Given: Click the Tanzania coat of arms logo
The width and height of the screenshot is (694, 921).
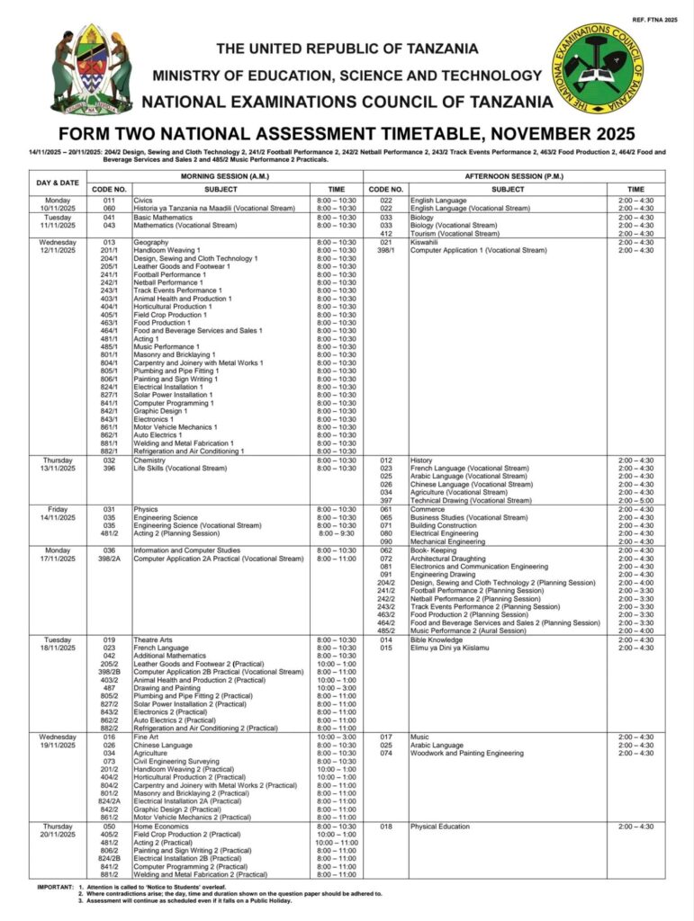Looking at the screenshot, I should click(91, 69).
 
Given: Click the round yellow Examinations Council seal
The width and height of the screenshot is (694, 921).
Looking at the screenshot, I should click(599, 68).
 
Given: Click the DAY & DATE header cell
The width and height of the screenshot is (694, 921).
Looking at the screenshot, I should click(58, 183).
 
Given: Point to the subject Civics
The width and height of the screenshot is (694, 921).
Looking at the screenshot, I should click(143, 200).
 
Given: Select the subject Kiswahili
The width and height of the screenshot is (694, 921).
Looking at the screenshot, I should click(424, 242).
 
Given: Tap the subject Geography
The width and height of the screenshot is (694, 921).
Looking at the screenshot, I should click(150, 242).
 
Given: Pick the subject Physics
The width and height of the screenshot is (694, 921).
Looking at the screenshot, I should click(146, 509).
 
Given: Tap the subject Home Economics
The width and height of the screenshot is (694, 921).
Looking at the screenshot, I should click(160, 826).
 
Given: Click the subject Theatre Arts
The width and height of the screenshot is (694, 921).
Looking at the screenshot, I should click(155, 639).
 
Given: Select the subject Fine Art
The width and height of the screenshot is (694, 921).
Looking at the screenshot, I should click(147, 737).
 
